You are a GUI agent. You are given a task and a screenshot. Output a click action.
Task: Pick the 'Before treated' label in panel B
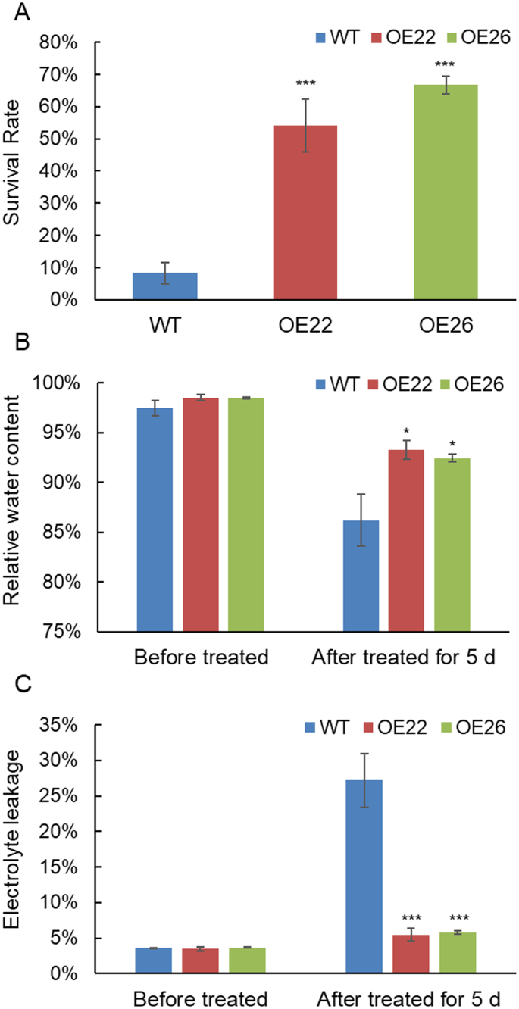201,656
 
